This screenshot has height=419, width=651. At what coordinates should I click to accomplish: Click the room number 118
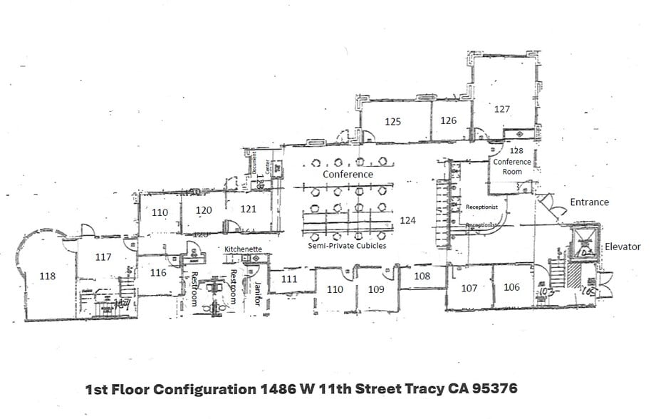pyautogui.click(x=48, y=276)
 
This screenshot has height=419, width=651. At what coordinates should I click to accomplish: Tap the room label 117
pyautogui.click(x=103, y=257)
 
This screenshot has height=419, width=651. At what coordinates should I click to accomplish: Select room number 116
pyautogui.click(x=158, y=273)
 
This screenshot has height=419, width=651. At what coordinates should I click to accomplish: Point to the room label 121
pyautogui.click(x=248, y=209)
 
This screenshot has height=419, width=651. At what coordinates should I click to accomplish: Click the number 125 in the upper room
pyautogui.click(x=392, y=121)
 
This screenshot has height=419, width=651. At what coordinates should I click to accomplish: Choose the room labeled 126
pyautogui.click(x=448, y=120)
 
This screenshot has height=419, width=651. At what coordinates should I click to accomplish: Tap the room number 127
pyautogui.click(x=502, y=109)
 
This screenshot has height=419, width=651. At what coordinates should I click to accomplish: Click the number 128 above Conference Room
pyautogui.click(x=516, y=151)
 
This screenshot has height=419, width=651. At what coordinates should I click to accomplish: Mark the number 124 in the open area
pyautogui.click(x=407, y=220)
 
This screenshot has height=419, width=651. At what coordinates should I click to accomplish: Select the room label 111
pyautogui.click(x=288, y=279)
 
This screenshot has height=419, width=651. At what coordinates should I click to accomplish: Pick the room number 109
pyautogui.click(x=376, y=289)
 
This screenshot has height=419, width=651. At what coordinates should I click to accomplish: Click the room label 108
pyautogui.click(x=422, y=275)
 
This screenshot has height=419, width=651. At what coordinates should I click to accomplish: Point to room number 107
pyautogui.click(x=469, y=288)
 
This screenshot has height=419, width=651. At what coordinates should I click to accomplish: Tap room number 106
pyautogui.click(x=511, y=287)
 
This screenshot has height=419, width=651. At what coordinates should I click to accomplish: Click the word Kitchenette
pyautogui.click(x=243, y=249)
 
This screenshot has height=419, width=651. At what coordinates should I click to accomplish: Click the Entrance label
pyautogui.click(x=589, y=202)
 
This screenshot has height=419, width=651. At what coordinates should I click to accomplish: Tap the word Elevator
pyautogui.click(x=623, y=247)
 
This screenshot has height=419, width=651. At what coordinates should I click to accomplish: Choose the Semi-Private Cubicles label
pyautogui.click(x=348, y=246)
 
